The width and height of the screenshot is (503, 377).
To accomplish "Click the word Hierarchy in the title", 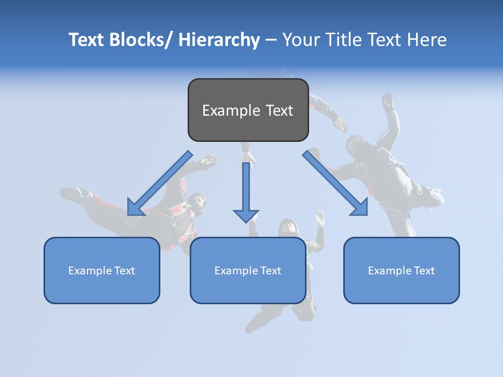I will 219,40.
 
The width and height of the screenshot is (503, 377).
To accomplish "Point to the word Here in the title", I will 429,40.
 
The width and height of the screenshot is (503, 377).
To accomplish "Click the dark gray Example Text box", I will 248,110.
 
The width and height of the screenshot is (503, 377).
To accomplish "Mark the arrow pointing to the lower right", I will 335,183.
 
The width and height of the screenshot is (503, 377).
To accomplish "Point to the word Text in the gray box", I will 279,110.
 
